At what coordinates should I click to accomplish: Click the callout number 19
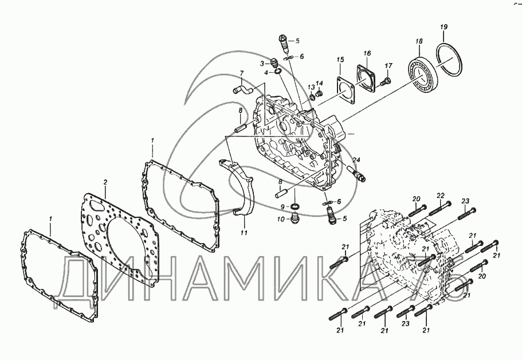pos(444,27)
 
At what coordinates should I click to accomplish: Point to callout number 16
pos(367,53)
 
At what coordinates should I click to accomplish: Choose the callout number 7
pos(242,73)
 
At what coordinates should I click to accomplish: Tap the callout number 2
pos(105,182)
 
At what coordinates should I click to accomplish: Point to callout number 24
pos(356,160)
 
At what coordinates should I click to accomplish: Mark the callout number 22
pos(441,195)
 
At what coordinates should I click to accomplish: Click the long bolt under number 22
pos(440,208)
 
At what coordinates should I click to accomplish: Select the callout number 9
pos(282,207)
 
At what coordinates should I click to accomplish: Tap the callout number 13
pos(311,87)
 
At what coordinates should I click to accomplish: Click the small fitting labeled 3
pos(274,62)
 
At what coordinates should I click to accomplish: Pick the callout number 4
pos(266,72)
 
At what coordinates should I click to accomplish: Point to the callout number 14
pos(319,83)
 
